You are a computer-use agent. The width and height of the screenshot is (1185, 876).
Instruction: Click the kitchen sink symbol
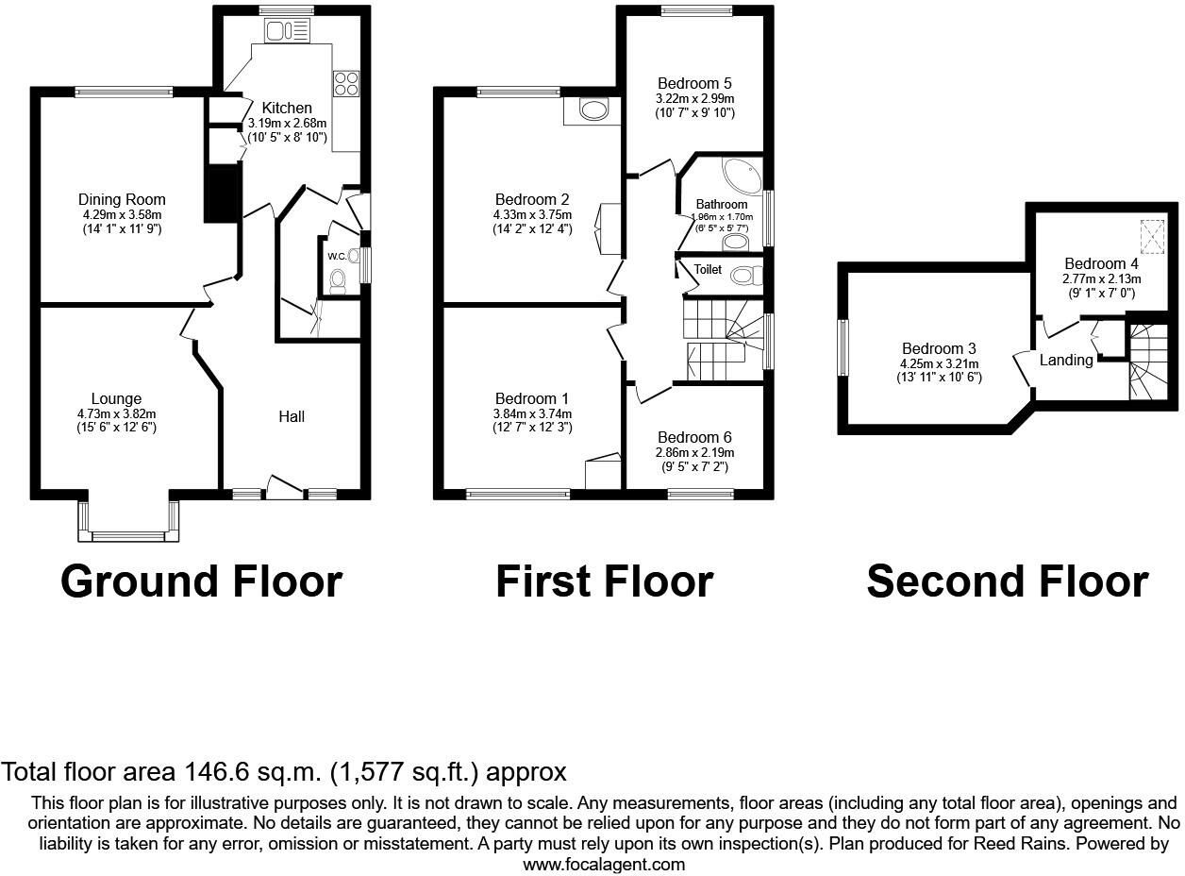coord(287,32)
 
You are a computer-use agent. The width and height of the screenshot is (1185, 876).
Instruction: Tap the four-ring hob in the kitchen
coord(345,84)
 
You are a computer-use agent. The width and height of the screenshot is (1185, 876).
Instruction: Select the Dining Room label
coord(122,199)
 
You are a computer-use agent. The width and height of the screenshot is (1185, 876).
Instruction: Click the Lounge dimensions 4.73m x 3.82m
coord(116,413)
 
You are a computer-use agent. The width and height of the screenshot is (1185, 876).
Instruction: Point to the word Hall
coord(292,416)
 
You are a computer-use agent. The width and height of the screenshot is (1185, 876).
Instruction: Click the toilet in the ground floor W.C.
coord(339,278)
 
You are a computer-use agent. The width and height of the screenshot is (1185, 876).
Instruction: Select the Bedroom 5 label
coord(694,82)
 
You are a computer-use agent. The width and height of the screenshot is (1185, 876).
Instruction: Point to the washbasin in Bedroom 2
coord(592,110)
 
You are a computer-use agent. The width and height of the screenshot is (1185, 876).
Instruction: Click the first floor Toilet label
coord(708,270)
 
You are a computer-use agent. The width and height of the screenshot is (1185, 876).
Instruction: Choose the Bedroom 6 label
coord(694,437)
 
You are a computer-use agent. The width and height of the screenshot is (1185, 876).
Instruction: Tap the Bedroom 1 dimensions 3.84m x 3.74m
coord(533,413)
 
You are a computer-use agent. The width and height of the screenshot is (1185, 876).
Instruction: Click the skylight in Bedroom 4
coord(1152,236)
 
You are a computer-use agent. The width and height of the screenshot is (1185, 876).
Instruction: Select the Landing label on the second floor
coord(1066,361)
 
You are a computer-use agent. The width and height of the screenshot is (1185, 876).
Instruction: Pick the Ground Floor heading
coord(201,581)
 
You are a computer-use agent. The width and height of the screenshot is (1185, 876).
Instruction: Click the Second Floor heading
coord(1007,581)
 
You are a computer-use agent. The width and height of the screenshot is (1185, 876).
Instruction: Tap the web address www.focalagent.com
coord(604,864)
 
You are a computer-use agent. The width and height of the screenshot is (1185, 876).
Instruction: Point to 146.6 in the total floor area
coord(215,772)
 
